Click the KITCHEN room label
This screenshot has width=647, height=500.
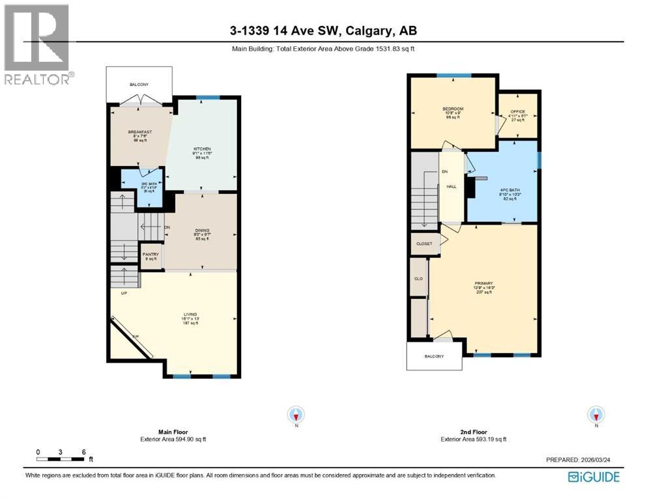pyautogui.click(x=202, y=149)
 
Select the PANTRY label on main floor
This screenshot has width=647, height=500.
pyautogui.click(x=151, y=254)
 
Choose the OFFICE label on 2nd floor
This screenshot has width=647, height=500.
pyautogui.click(x=517, y=111)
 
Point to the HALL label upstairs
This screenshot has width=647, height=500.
pyautogui.click(x=451, y=186)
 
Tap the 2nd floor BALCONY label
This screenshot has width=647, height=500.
pyautogui.click(x=434, y=356)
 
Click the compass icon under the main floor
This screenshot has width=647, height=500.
pyautogui.click(x=296, y=414)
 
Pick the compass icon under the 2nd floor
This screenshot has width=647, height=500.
pyautogui.click(x=595, y=414)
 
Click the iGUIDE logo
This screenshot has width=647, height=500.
pyautogui.click(x=594, y=477)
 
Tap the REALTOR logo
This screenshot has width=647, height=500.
pyautogui.click(x=36, y=44)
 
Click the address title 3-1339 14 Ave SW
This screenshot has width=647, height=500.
pyautogui.click(x=323, y=30)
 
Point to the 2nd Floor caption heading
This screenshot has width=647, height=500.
pyautogui.click(x=473, y=432)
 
